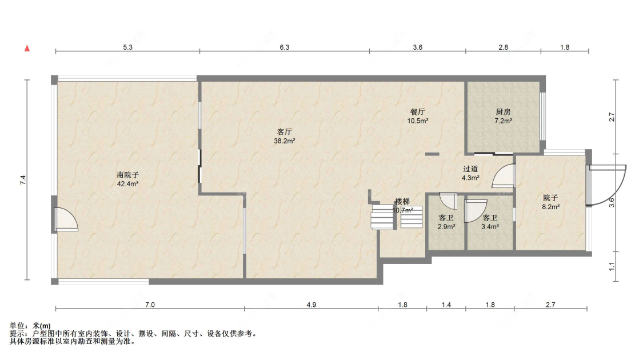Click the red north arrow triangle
tap(27, 49)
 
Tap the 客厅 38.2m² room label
tap(285, 136)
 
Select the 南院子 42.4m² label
tap(127, 179)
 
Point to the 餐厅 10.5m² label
tap(417, 116)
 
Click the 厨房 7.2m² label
tap(503, 116)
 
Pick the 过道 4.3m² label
tap(470, 173)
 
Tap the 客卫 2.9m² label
tap(446, 222)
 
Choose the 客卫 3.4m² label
tap(490, 222)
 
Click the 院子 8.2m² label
tap(550, 202)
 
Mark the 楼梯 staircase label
tap(402, 201)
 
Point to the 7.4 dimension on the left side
tap(23, 179)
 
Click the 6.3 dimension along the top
tap(285, 47)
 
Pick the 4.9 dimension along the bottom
tap(311, 305)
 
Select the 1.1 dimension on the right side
tap(612, 266)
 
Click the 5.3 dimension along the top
tap(128, 47)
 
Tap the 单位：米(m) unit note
tap(30, 326)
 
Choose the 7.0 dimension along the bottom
tap(150, 305)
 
